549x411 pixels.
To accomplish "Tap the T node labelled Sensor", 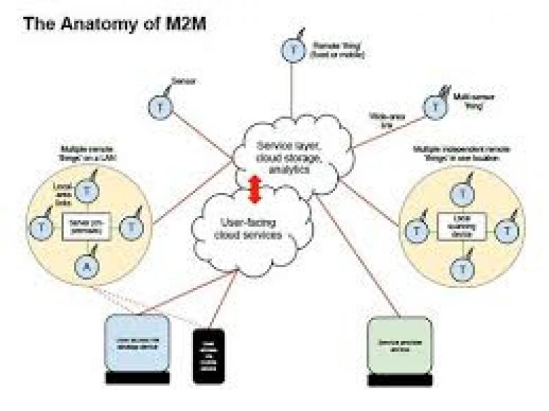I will tap(159, 106).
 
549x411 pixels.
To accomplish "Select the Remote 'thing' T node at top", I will tap(292, 50).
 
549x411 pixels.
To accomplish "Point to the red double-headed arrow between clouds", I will tap(255, 189).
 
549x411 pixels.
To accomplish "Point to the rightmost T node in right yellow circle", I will tap(506, 231).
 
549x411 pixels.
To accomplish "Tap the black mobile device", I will tap(209, 354).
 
